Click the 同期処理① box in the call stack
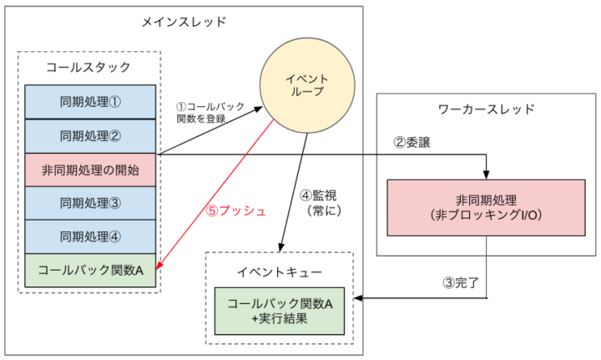pos(90,102)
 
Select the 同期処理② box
pos(90,136)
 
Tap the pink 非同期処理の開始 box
pos(90,170)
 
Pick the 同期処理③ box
pos(90,203)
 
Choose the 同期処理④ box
pos(90,236)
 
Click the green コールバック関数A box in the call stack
pos(90,271)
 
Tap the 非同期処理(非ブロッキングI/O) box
pos(487,206)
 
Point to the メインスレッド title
pos(184,20)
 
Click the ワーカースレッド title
pos(486,109)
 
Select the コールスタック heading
pos(73,65)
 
